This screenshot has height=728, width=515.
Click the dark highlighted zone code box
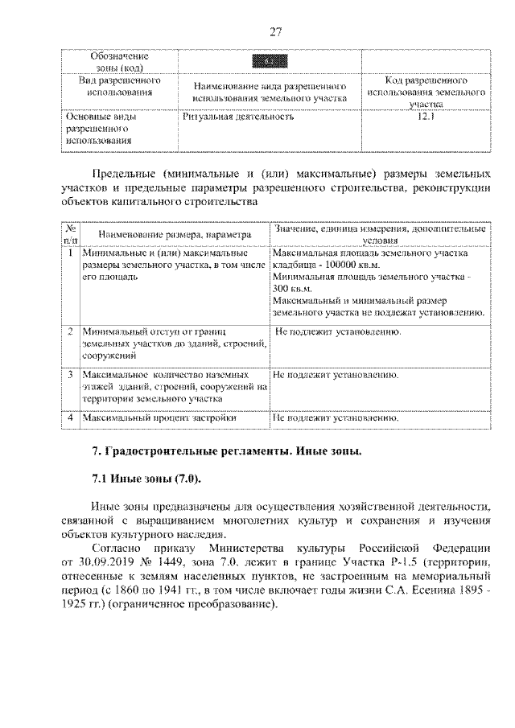pyautogui.click(x=270, y=62)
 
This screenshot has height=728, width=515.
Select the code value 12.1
pyautogui.click(x=424, y=117)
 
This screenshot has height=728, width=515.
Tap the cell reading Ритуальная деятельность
pyautogui.click(x=239, y=117)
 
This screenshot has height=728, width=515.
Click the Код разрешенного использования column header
pyautogui.click(x=424, y=93)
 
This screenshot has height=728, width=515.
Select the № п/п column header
pyautogui.click(x=71, y=233)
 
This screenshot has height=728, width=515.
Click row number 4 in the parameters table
pyautogui.click(x=71, y=418)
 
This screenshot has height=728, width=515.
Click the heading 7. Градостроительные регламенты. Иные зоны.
pyautogui.click(x=225, y=451)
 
